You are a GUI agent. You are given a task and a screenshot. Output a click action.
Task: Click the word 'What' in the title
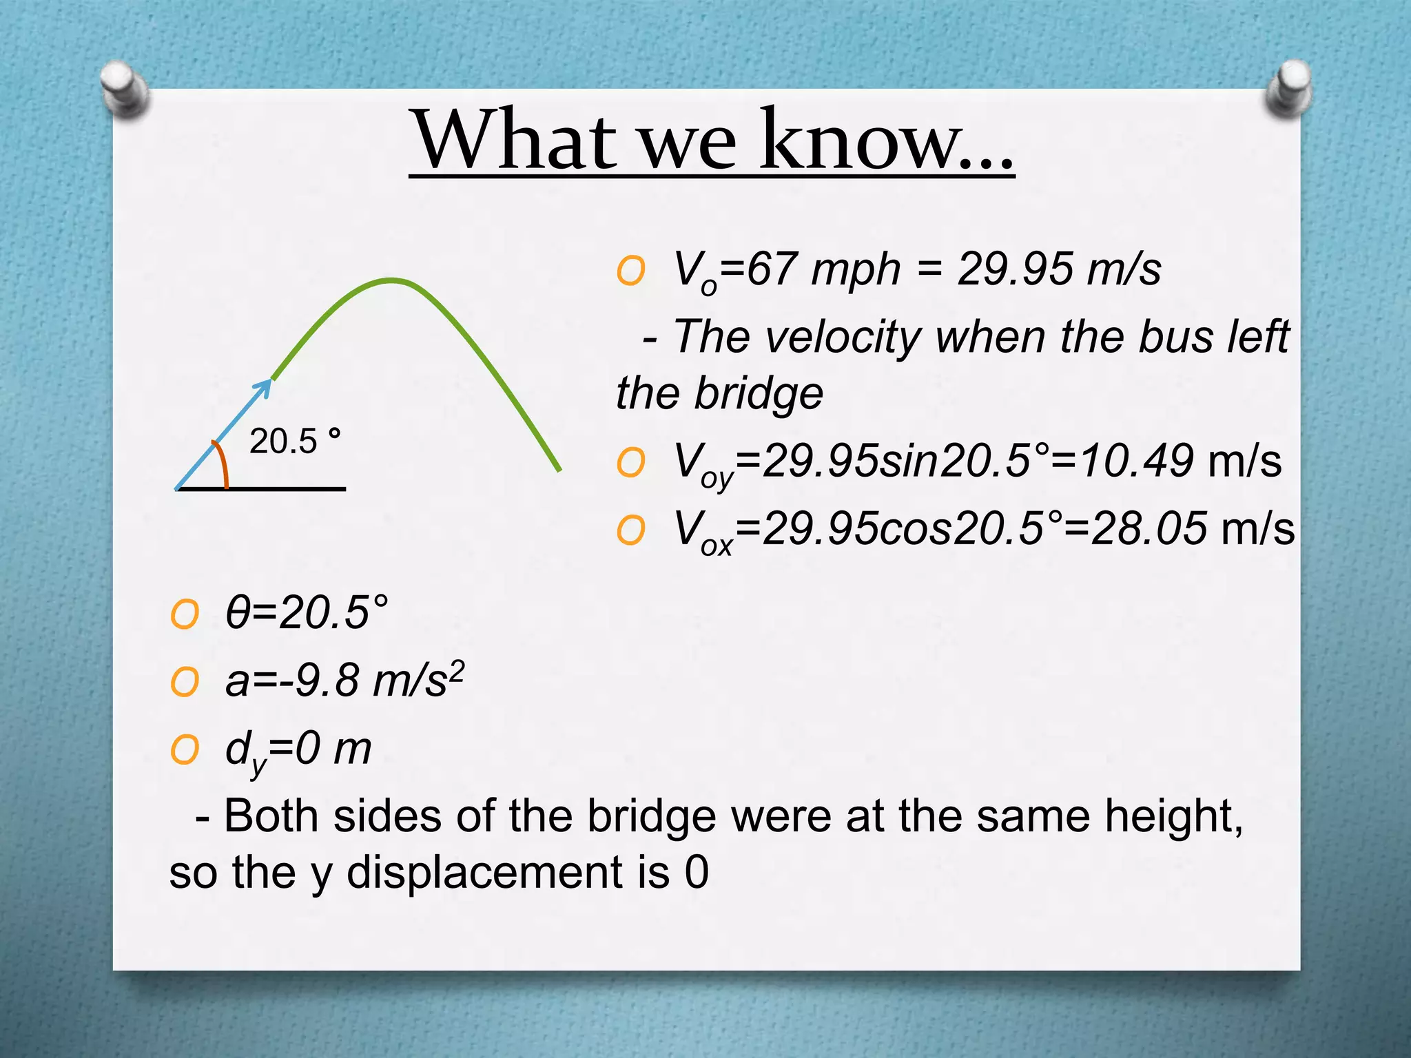514,141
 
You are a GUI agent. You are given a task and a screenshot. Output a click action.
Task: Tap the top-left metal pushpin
123,88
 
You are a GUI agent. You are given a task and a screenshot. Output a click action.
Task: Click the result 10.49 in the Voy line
1137,461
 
